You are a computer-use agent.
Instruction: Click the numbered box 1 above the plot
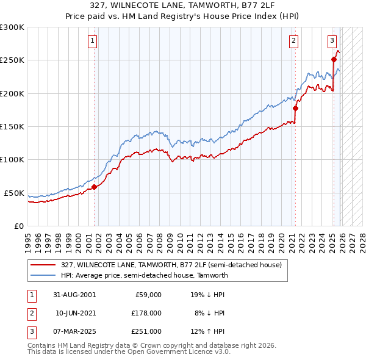click(92, 41)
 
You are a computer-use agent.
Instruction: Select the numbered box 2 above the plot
click(293, 41)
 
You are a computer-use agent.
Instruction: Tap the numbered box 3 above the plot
click(332, 41)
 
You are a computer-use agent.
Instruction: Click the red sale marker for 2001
click(95, 187)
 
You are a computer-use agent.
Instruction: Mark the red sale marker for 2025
click(334, 60)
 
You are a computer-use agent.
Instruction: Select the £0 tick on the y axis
click(18, 226)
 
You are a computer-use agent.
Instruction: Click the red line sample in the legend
click(44, 265)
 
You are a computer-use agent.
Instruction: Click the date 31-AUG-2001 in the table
click(75, 294)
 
